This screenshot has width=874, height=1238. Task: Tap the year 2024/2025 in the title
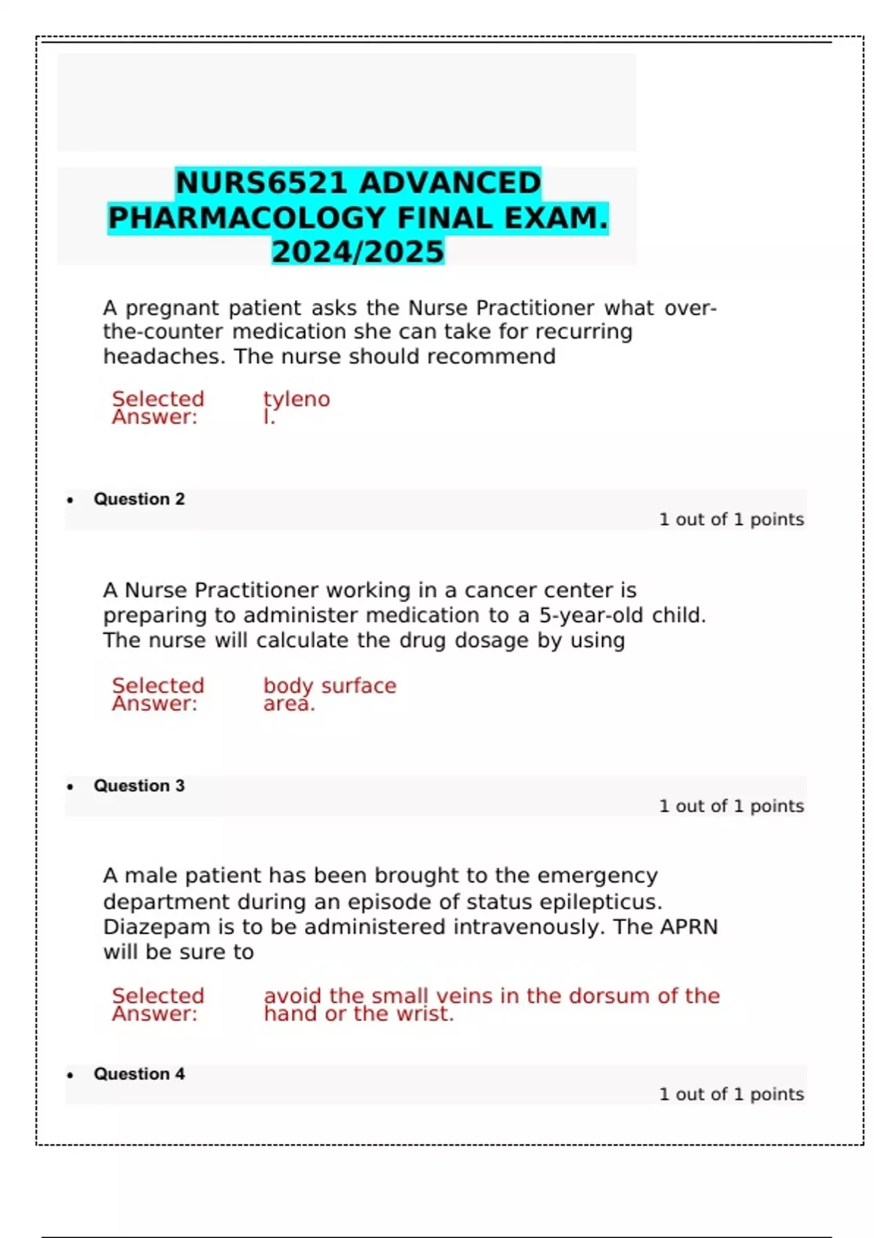tap(358, 252)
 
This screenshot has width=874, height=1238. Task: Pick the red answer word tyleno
tap(296, 399)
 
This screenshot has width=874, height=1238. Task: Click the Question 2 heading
tap(139, 499)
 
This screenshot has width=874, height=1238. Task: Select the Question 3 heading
tap(139, 786)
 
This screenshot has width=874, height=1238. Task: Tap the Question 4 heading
tap(139, 1074)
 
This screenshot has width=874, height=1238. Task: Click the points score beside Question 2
tap(731, 519)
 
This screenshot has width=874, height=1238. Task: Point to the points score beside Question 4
tap(731, 1094)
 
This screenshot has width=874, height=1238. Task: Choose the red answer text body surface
tap(330, 686)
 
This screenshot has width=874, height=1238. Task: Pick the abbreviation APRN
tap(689, 927)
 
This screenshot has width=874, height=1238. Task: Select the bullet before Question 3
tap(70, 786)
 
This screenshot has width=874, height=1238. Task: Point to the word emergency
tap(597, 875)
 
